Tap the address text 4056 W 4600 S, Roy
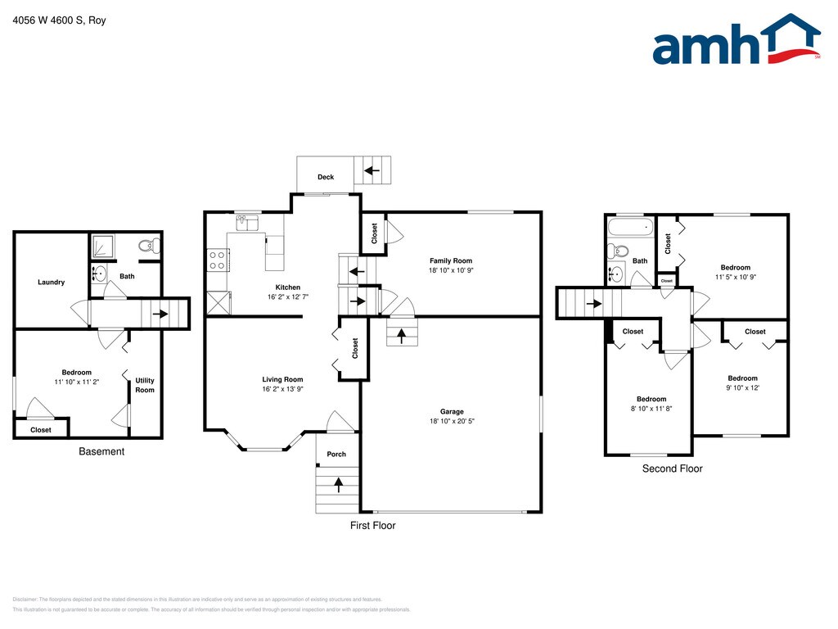coord(60,20)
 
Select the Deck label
coord(326,177)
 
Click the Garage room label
coord(452,412)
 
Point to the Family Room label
coord(451,260)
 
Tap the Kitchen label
coord(288,287)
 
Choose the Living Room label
coord(282,379)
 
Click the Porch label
coord(336,454)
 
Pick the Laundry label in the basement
coord(51,283)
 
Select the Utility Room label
coord(145,385)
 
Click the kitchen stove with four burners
coord(219,260)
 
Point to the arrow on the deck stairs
coord(372,170)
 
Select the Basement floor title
coord(101,451)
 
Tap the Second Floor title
coord(672,468)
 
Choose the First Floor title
coord(372,525)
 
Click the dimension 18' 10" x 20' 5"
coord(452,422)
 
